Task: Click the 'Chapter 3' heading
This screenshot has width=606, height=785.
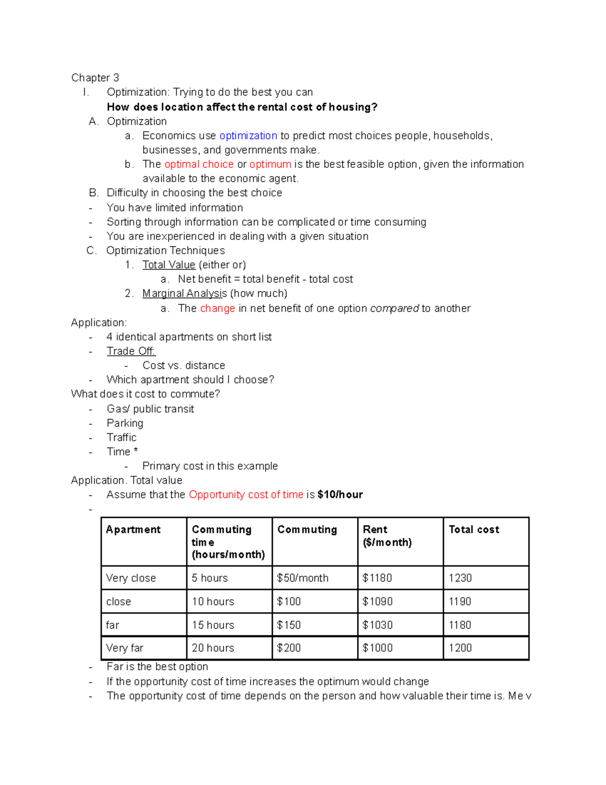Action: coord(95,78)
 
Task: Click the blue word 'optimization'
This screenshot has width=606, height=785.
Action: coord(248,135)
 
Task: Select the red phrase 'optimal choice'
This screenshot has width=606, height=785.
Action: coord(199,164)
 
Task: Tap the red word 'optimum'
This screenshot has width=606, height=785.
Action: coord(270,164)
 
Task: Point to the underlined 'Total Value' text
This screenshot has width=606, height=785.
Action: coord(169,265)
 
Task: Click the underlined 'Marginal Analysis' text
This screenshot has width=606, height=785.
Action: coord(184,294)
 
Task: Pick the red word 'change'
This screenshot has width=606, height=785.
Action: coord(218,308)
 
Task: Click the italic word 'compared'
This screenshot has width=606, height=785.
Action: coord(394,308)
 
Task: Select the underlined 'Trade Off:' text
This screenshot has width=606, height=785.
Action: coord(131,351)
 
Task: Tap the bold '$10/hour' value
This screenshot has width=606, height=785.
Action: coord(340,495)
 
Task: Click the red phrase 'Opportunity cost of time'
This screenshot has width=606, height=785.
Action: coord(246,495)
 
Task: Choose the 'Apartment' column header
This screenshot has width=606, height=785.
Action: coord(133,530)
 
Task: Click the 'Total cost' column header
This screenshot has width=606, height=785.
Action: coord(474,530)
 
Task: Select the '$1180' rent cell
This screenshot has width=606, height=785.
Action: coord(377,578)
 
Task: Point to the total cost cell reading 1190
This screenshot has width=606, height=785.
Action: coord(460,602)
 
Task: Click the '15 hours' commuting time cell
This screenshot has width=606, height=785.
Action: coord(213,625)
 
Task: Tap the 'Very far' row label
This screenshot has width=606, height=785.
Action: coord(125,648)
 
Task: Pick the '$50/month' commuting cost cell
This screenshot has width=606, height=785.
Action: coord(302,578)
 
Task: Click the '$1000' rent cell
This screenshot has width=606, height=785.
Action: coord(377,648)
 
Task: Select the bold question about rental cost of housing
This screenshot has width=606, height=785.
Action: coord(242,107)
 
